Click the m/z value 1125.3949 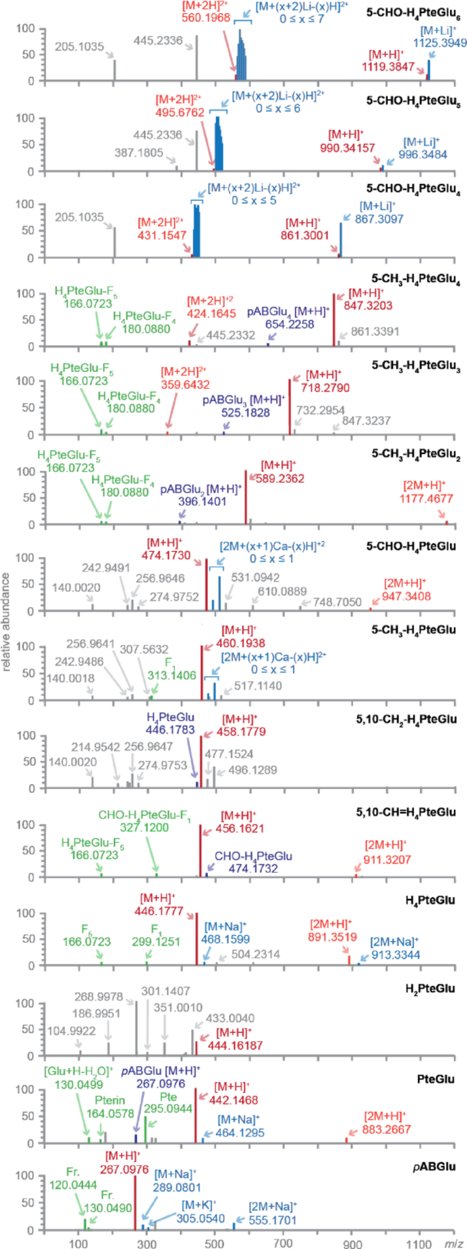440,43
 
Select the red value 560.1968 206,18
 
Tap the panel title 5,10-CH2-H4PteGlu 415,720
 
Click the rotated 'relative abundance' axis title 6,622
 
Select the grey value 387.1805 138,153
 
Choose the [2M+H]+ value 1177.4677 426,498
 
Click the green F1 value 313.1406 171,676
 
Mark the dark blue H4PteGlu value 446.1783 170,730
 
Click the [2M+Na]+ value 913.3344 395,955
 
